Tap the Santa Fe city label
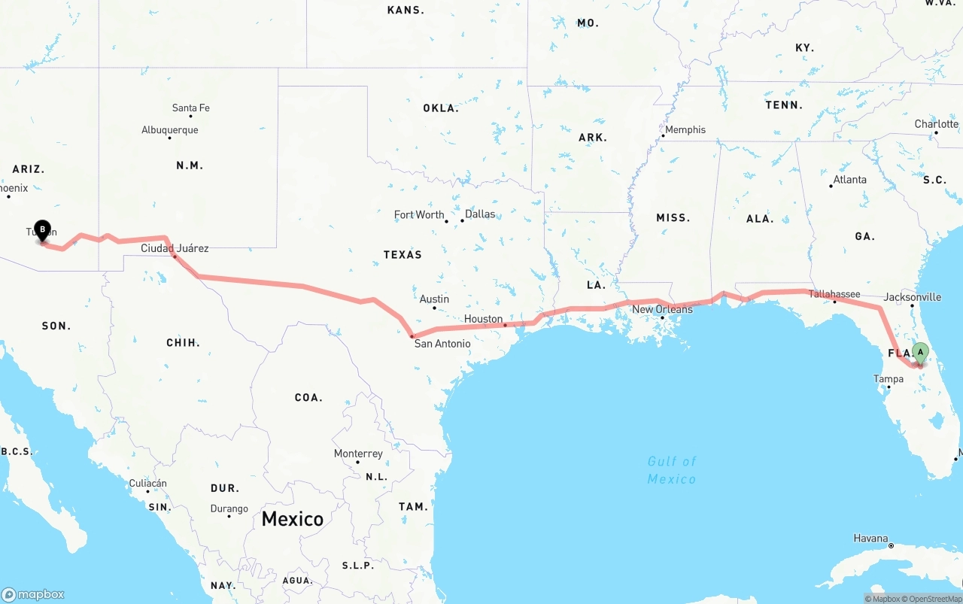[x=190, y=108]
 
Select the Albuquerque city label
[x=170, y=130]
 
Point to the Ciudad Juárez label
[x=175, y=248]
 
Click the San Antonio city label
[x=442, y=344]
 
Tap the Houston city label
[x=483, y=319]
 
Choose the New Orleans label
[x=662, y=309]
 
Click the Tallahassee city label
[x=834, y=294]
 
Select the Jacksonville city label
[x=912, y=297]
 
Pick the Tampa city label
[x=889, y=379]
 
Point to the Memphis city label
[x=685, y=129]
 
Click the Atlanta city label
[x=849, y=180]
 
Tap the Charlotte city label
[x=936, y=124]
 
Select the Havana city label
[x=870, y=539]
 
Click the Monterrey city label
[x=358, y=454]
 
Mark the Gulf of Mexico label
[x=672, y=470]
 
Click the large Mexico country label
[x=293, y=518]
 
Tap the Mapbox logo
[x=33, y=594]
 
